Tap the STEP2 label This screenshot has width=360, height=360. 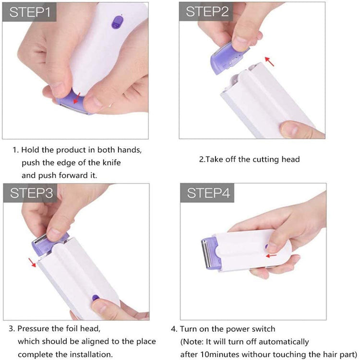point(207,12)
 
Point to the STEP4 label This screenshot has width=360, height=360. point(207,193)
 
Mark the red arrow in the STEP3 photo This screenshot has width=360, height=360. point(32,262)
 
